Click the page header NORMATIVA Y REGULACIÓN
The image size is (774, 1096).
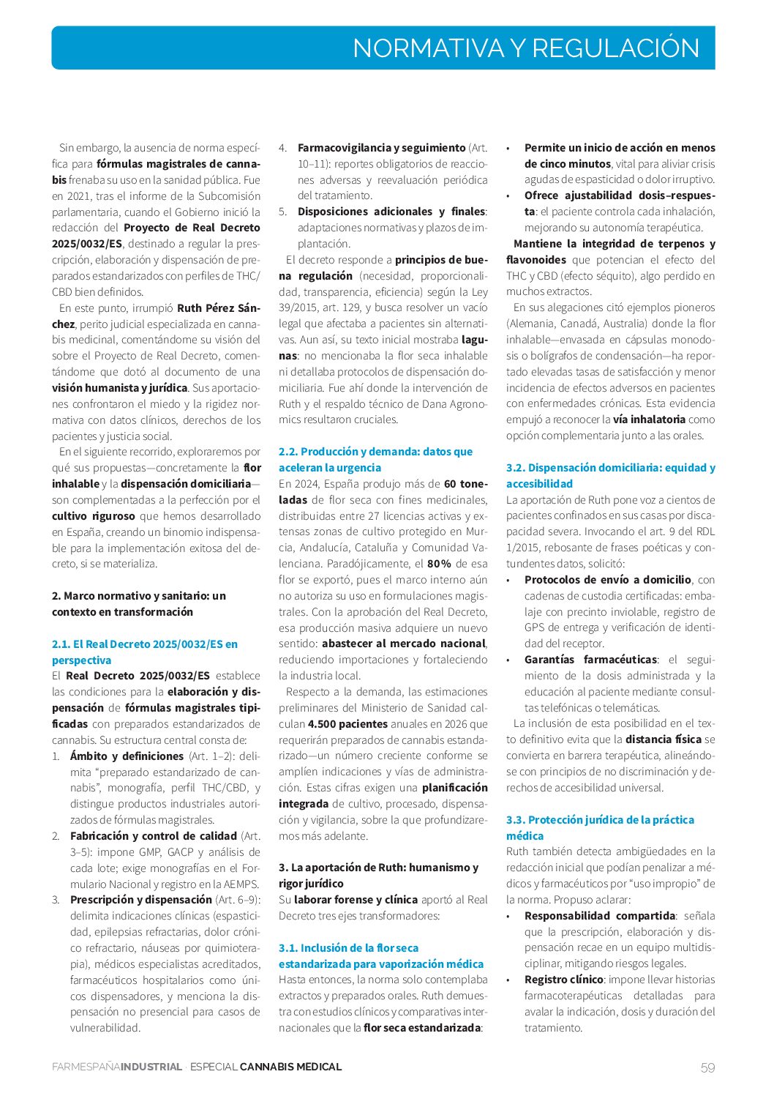click(525, 48)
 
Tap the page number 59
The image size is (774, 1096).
click(707, 1067)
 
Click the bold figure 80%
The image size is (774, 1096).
click(439, 564)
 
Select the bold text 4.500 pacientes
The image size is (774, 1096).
click(347, 724)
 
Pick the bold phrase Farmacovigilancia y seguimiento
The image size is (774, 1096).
click(381, 148)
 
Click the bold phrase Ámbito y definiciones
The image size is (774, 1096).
click(127, 756)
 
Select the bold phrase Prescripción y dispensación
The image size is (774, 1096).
click(141, 900)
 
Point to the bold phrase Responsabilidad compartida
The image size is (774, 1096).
click(599, 916)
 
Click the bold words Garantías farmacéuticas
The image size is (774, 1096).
click(590, 660)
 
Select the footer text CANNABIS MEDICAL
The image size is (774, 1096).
click(290, 1067)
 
